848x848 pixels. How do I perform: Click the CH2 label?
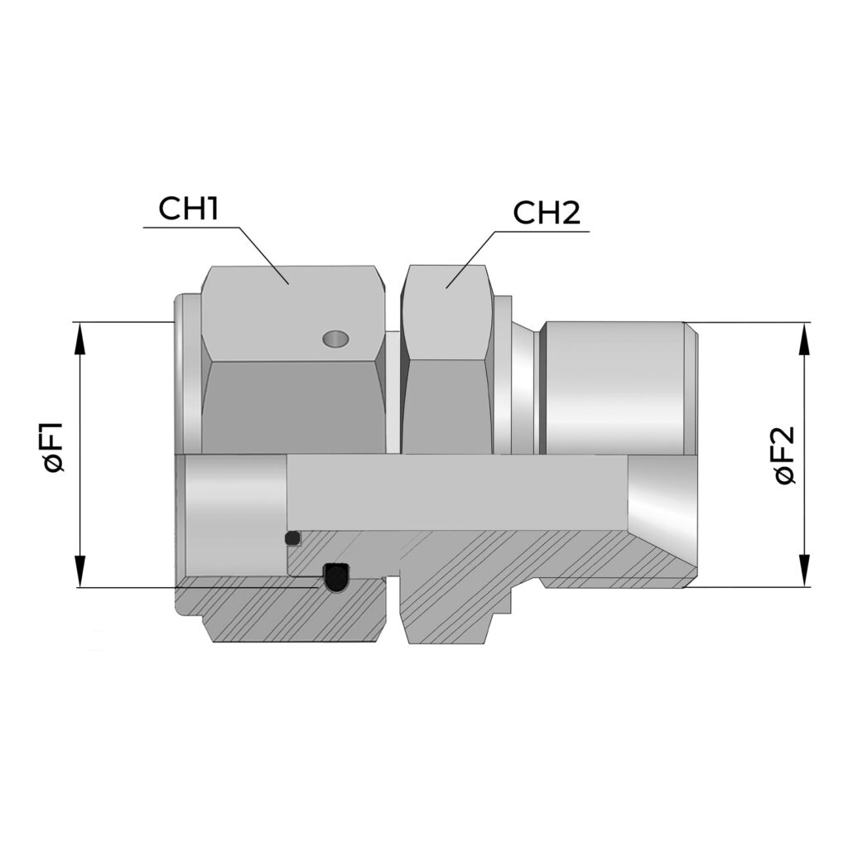tap(547, 213)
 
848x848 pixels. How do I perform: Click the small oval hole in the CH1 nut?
tap(335, 339)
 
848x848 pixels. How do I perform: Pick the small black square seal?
tap(292, 538)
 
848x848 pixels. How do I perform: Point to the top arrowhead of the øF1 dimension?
tap(80, 338)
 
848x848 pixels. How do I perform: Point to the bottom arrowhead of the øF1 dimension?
tap(80, 571)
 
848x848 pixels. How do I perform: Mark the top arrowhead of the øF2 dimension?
tap(805, 339)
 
